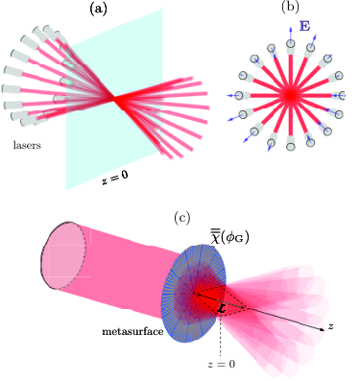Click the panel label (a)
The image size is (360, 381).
click(x=98, y=9)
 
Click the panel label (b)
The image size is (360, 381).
click(x=290, y=7)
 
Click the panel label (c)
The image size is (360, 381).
click(x=182, y=218)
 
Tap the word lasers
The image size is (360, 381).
click(x=27, y=145)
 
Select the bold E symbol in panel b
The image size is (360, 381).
click(x=304, y=26)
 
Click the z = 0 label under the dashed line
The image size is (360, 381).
click(x=221, y=364)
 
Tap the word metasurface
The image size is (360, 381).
click(x=132, y=331)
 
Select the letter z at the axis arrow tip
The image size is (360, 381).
click(x=331, y=326)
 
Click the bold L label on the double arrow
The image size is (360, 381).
click(x=222, y=309)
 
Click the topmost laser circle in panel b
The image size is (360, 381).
click(x=291, y=42)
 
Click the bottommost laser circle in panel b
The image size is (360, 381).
click(x=290, y=147)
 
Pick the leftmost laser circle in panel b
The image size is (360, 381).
click(x=238, y=95)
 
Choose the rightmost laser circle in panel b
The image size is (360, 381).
click(x=341, y=95)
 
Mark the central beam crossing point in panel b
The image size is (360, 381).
click(x=290, y=95)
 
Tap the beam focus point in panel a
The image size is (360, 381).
click(x=114, y=99)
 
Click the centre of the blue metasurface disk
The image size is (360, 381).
click(x=194, y=294)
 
